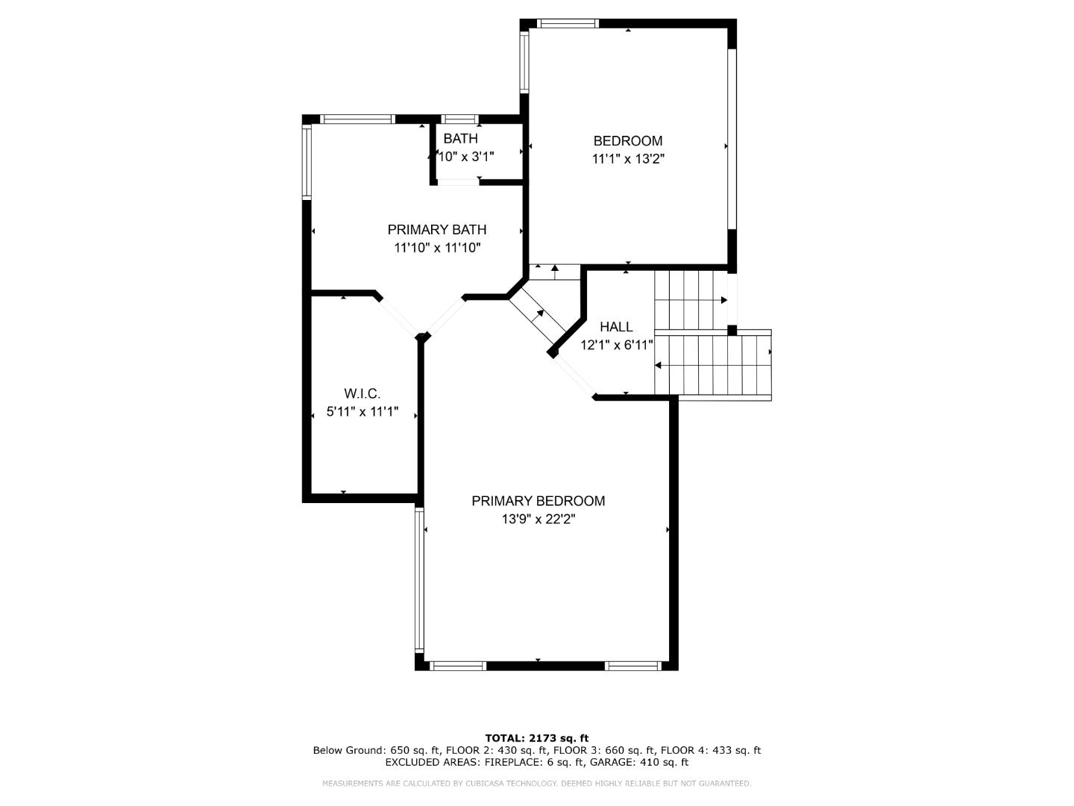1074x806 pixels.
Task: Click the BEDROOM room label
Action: pyautogui.click(x=627, y=141)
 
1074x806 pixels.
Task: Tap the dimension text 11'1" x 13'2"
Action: pyautogui.click(x=627, y=159)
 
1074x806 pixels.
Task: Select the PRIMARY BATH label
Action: pyautogui.click(x=437, y=230)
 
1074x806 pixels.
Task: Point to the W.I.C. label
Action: pyautogui.click(x=362, y=393)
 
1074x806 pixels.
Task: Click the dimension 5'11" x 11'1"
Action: pyautogui.click(x=362, y=411)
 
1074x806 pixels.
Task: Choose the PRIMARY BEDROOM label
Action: pyautogui.click(x=538, y=501)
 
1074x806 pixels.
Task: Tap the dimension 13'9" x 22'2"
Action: pyautogui.click(x=538, y=519)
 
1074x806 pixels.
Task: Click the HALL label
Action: pyautogui.click(x=616, y=327)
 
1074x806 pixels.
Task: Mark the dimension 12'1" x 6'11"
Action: pyautogui.click(x=617, y=345)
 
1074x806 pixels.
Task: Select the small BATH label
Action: pyautogui.click(x=460, y=139)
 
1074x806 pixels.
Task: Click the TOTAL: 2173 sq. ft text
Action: pyautogui.click(x=536, y=738)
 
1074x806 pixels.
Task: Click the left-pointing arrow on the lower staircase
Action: pyautogui.click(x=659, y=365)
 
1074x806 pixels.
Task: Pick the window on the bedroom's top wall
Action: pyautogui.click(x=568, y=24)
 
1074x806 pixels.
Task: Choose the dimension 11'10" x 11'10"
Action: pyautogui.click(x=437, y=248)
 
